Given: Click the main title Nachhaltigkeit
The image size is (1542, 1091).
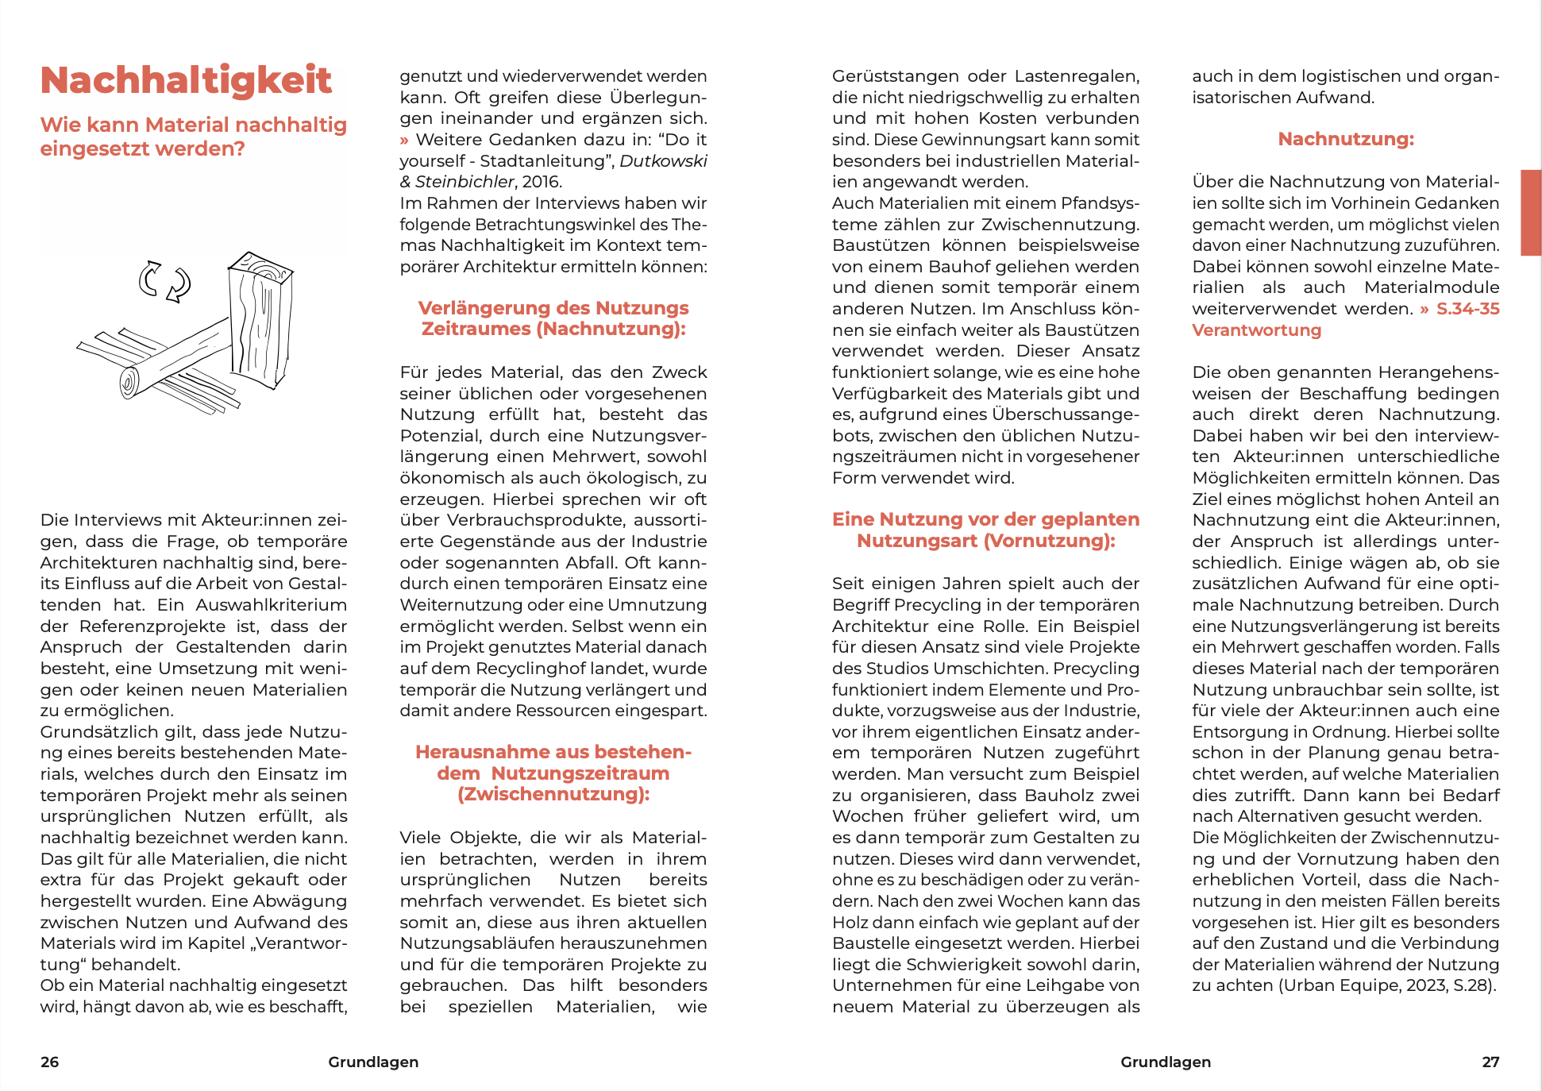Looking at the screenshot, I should point(186,80).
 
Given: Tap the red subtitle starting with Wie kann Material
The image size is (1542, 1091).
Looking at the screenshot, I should point(193,137).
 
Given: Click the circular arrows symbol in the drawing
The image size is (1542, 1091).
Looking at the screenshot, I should point(165,282).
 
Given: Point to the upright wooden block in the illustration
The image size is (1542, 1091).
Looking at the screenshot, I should point(260,322).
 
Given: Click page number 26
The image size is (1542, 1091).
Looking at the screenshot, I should point(49,1062).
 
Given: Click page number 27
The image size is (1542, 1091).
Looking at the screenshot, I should point(1490,1062).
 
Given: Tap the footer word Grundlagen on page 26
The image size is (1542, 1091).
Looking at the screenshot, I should point(373,1062).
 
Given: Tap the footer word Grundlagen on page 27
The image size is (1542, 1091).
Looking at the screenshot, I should point(1166,1062).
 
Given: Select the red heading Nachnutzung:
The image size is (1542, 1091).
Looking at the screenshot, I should point(1346,139).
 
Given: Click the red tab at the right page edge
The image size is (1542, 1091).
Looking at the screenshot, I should point(1530,212).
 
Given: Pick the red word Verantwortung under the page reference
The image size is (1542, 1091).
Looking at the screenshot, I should point(1256,330).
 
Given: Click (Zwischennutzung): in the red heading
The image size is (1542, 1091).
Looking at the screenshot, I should point(553,794).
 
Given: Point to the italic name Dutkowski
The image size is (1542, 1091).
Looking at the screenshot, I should point(663,161).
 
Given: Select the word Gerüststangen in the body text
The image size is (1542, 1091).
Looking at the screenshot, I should point(895,76).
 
